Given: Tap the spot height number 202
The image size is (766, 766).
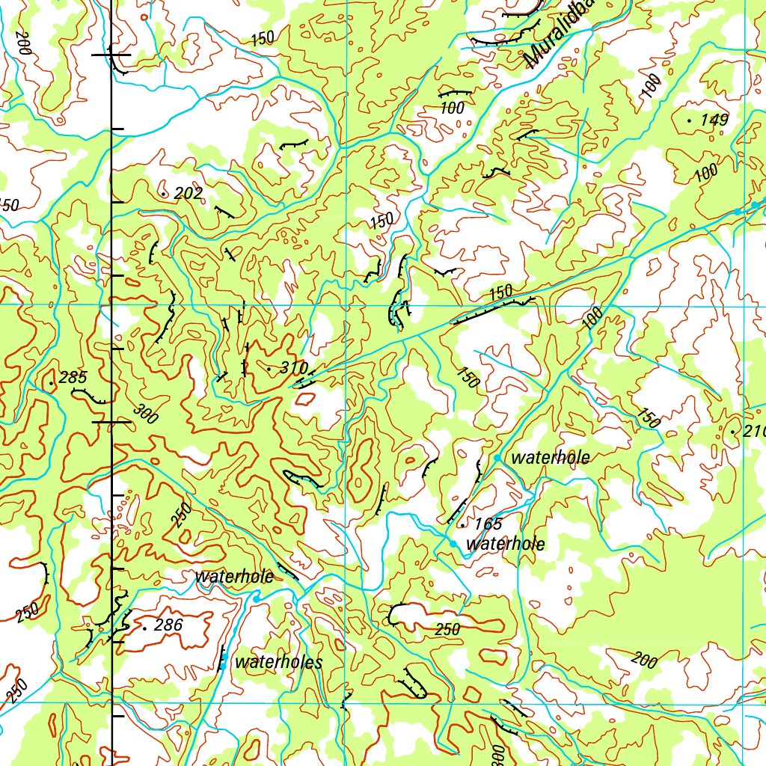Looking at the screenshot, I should (188, 194).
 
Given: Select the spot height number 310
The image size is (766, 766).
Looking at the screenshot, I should (294, 368).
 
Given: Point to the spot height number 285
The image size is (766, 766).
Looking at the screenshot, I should (73, 378).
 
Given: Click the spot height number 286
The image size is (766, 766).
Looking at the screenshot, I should (168, 625).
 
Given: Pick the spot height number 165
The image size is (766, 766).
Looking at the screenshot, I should (488, 524).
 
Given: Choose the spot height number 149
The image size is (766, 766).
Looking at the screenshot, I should (714, 120).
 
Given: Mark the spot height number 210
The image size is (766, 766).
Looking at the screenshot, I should (754, 432).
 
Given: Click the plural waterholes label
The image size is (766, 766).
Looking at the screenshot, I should (278, 662).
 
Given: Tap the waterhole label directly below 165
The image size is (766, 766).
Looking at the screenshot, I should (505, 544).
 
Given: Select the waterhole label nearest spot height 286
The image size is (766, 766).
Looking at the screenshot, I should (233, 577).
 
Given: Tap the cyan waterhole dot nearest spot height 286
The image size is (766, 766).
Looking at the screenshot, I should (256, 598).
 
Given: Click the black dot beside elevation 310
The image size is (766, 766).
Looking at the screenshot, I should (269, 369).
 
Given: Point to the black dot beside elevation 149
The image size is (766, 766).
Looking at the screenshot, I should (689, 120).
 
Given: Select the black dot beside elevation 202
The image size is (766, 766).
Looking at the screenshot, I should (164, 194).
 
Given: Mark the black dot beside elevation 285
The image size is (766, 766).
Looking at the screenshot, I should (51, 384).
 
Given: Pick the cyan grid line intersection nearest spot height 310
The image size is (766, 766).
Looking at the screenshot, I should (346, 306).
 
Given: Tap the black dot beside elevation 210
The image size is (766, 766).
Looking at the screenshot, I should (732, 432).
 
